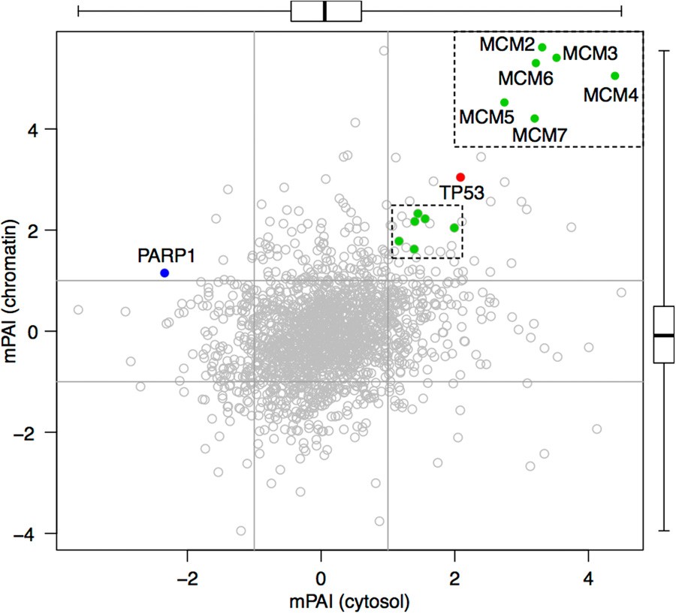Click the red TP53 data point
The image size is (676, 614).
coord(460,177)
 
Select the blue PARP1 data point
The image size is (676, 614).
coord(164,272)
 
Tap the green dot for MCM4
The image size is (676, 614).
coord(614,76)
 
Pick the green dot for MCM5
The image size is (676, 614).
coord(504,102)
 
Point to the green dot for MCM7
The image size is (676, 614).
coord(534,118)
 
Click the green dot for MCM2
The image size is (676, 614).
coord(542,47)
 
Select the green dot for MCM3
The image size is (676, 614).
coord(557,58)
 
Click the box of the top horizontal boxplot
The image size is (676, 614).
coord(326,11)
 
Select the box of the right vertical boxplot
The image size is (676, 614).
coord(664,334)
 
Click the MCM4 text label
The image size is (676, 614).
coord(611,95)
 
